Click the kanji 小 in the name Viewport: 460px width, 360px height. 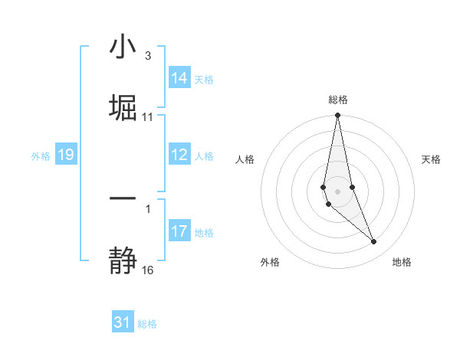tap(123, 47)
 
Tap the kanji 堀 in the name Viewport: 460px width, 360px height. tap(123, 107)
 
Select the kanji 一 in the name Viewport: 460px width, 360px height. tap(123, 198)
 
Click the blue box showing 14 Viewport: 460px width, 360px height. tap(179, 78)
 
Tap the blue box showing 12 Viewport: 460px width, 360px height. tap(179, 155)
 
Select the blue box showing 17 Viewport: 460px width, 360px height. tap(179, 231)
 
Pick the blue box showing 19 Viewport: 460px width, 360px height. tap(65, 155)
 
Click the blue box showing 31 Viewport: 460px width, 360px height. tap(123, 322)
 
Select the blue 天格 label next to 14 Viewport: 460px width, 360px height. tap(204, 79)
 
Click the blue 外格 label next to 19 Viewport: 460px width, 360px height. tap(41, 155)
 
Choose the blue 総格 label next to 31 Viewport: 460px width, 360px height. tap(147, 323)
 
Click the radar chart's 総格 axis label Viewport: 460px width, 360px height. tap(337, 100)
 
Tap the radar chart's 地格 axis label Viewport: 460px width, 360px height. tap(402, 262)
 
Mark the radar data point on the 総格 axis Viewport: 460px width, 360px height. tap(337, 116)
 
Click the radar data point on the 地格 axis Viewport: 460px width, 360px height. tap(374, 242)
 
